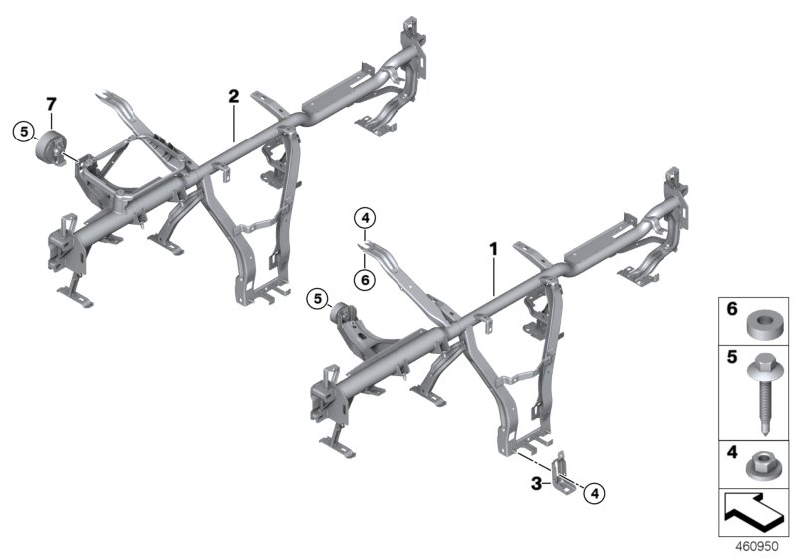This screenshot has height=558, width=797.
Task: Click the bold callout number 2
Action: [x=233, y=97]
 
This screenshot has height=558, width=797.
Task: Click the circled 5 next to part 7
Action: [x=22, y=130]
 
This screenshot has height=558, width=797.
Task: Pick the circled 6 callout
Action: [x=365, y=281]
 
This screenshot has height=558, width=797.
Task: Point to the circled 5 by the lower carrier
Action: [x=316, y=297]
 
